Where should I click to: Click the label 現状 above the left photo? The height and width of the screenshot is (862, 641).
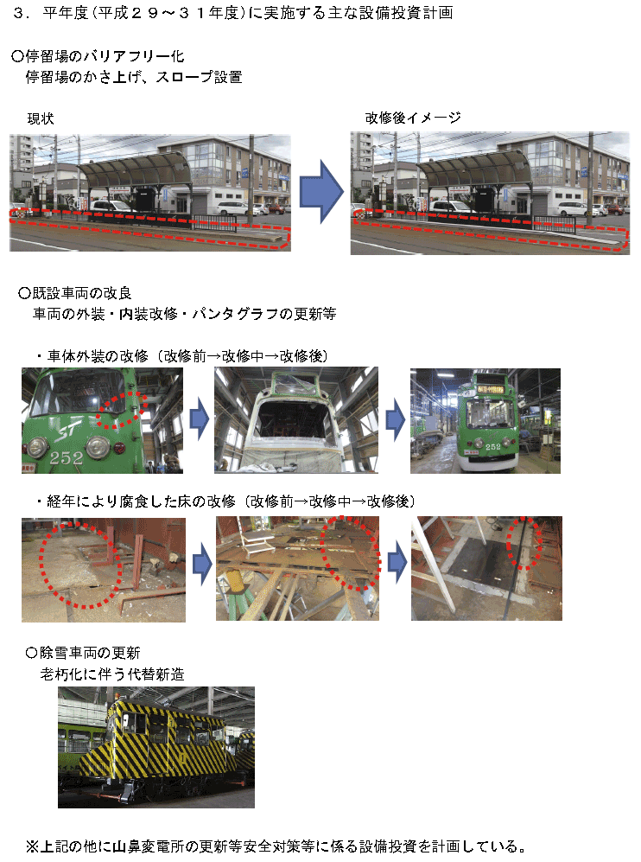[41, 118]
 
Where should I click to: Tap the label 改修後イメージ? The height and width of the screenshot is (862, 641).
[413, 118]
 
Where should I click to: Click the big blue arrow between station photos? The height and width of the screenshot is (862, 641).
[321, 191]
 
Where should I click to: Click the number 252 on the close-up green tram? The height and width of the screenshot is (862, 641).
[66, 457]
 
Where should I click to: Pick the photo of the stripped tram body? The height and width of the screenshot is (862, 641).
[296, 420]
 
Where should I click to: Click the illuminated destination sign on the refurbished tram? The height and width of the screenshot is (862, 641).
[490, 389]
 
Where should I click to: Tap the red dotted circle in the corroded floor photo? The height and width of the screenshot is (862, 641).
[80, 565]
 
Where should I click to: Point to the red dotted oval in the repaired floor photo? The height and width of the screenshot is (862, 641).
[524, 543]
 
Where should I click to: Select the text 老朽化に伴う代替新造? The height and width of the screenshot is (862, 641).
[112, 674]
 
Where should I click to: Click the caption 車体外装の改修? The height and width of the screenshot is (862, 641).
[98, 356]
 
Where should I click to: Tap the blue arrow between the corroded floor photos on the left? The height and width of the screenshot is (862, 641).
[202, 565]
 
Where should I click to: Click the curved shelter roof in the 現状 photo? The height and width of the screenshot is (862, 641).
[135, 170]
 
